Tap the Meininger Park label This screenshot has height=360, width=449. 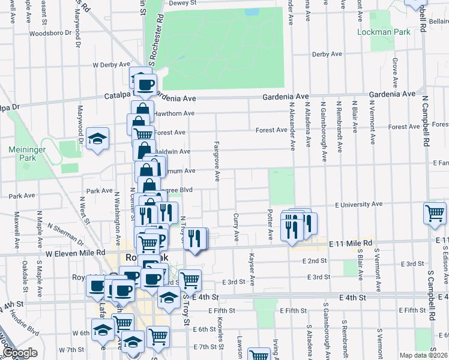pyautogui.click(x=23, y=153)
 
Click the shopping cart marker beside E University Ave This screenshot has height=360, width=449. pyautogui.click(x=435, y=213)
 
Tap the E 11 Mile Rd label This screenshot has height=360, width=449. pyautogui.click(x=351, y=243)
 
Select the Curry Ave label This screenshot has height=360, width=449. pyautogui.click(x=236, y=227)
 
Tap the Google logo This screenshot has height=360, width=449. pyautogui.click(x=20, y=353)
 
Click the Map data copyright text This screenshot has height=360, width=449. pyautogui.click(x=424, y=355)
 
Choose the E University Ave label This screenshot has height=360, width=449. pyautogui.click(x=358, y=205)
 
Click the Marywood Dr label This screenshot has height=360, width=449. pyautogui.click(x=79, y=121)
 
